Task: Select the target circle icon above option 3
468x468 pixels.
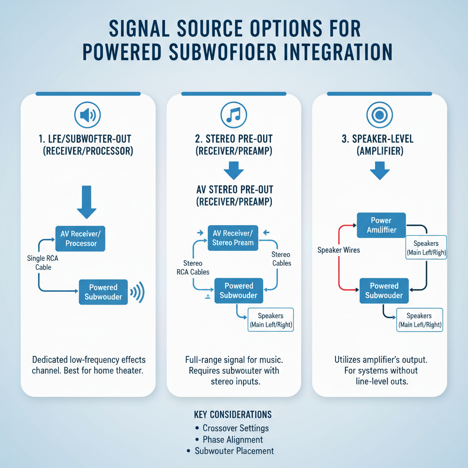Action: [x=379, y=115]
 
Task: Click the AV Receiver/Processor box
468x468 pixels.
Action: [x=80, y=239]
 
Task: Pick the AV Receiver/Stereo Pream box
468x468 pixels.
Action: [x=233, y=238]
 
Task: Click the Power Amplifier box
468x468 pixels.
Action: [x=382, y=225]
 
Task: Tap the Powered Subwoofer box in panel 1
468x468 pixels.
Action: [x=103, y=292]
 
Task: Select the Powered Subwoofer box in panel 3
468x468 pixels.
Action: [x=384, y=291]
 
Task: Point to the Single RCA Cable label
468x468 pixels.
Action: [x=43, y=262]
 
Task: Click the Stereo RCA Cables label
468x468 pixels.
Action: [x=193, y=268]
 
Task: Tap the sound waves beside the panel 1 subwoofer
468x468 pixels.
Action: [x=138, y=292]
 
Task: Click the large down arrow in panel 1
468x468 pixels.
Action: [x=86, y=202]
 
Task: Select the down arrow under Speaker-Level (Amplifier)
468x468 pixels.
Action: [x=379, y=172]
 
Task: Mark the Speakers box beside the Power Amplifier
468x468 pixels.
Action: [x=426, y=248]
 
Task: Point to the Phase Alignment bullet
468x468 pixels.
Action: [x=233, y=440]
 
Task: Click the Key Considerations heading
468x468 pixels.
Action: [x=233, y=415]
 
